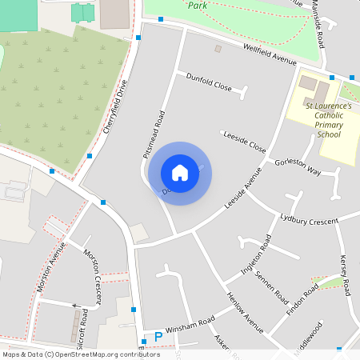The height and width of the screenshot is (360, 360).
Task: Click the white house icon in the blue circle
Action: coord(180,172)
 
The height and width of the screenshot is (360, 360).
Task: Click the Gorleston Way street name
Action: coord(298,166)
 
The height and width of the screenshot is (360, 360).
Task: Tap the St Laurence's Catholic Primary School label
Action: coord(328,120)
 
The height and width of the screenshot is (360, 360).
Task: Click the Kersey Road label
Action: coord(345,274)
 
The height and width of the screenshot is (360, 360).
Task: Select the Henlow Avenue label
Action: coord(245,313)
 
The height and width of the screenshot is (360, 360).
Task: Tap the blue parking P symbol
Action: coord(158,337)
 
